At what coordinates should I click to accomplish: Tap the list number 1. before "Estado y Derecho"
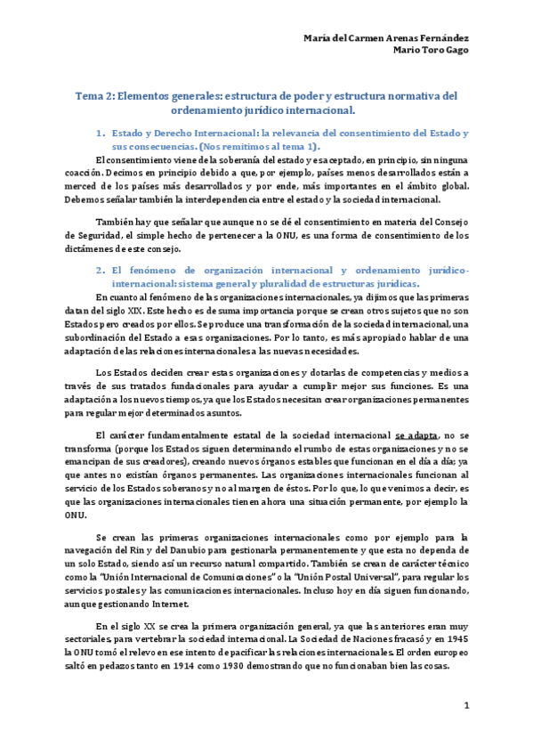click(x=100, y=133)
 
